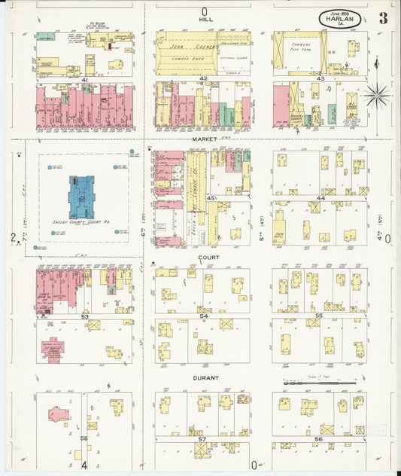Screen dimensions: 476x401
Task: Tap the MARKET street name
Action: click(x=204, y=139)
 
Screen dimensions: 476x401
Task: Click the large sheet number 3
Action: click(x=383, y=18)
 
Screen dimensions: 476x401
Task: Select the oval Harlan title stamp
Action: click(x=340, y=18)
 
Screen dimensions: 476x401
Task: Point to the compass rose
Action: click(x=376, y=95)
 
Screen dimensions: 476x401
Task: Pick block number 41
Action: click(x=85, y=79)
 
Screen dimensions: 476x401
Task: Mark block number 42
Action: click(x=203, y=79)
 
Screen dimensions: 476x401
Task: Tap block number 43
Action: click(x=320, y=79)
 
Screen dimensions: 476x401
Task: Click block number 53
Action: click(x=85, y=316)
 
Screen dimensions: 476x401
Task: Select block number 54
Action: click(x=203, y=316)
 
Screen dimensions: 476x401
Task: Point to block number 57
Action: click(x=202, y=438)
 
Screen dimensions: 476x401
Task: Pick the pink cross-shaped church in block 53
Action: click(x=53, y=350)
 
